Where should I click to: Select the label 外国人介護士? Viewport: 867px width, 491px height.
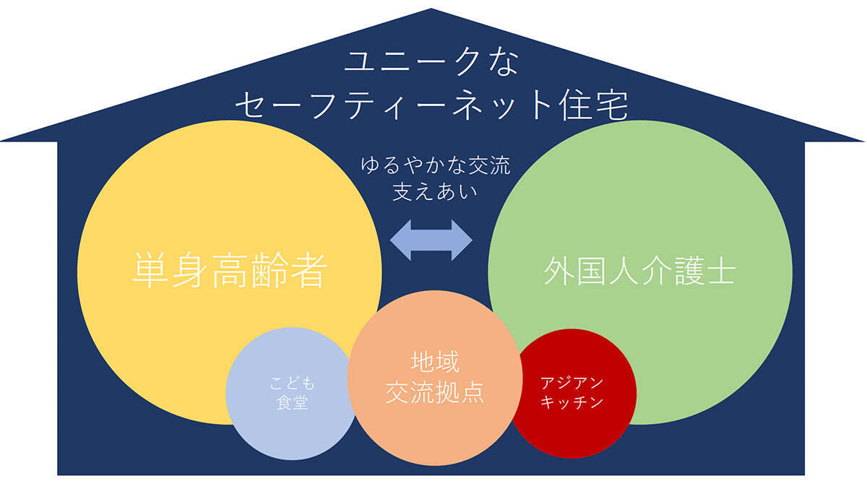[639, 272]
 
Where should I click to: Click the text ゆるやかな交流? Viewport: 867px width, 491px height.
[435, 167]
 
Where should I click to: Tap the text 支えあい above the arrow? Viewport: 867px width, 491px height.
[435, 193]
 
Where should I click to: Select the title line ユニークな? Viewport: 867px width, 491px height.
[431, 63]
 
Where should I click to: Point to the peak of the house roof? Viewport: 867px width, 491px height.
[431, 10]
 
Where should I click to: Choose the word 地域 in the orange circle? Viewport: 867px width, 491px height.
[435, 361]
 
